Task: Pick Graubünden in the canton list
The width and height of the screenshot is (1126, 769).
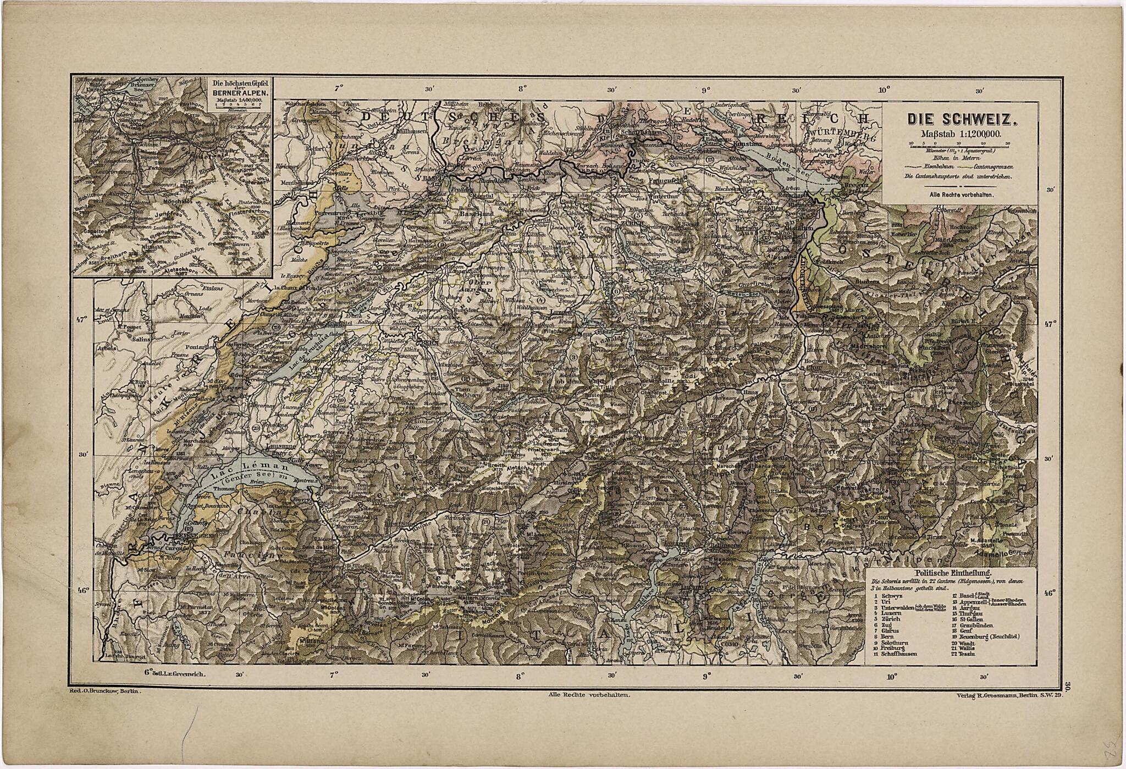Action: click(979, 625)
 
